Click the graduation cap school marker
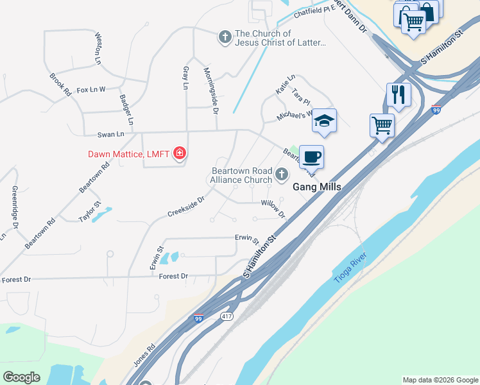click(x=325, y=121)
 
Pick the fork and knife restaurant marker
click(x=399, y=95)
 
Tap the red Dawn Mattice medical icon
click(x=180, y=153)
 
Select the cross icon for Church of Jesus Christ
click(x=225, y=37)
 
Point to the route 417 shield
click(x=226, y=316)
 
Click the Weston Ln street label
click(x=98, y=49)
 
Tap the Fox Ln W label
click(x=90, y=90)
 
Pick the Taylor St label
click(x=89, y=212)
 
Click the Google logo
click(x=21, y=377)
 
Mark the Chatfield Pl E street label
click(x=315, y=10)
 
